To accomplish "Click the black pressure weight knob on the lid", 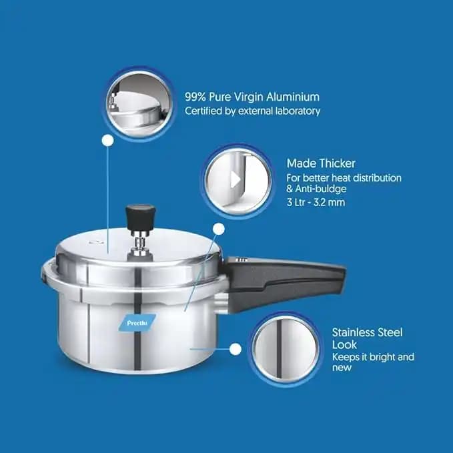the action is (x=140, y=215).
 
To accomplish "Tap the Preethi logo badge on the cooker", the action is (x=137, y=323).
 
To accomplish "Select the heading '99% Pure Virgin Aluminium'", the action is (x=252, y=97).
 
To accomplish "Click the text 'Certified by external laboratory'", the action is (x=252, y=111).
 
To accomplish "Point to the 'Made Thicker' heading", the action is (x=321, y=163).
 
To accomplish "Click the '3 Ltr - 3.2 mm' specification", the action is (x=316, y=202).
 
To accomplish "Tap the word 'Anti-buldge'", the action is (x=321, y=189).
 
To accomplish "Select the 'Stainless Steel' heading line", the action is (x=367, y=332).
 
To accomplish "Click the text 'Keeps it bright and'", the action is (x=373, y=357).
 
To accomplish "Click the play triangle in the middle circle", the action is (x=235, y=180).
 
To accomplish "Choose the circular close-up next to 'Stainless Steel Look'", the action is (x=286, y=349).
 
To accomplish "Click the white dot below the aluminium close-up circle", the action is (x=108, y=141).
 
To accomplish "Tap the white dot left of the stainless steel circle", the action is (x=236, y=350).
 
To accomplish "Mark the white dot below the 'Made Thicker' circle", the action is (x=219, y=229).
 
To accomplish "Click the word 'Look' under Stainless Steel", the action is (x=344, y=345).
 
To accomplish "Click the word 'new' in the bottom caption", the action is (x=342, y=368).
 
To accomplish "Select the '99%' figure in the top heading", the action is (x=195, y=97).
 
